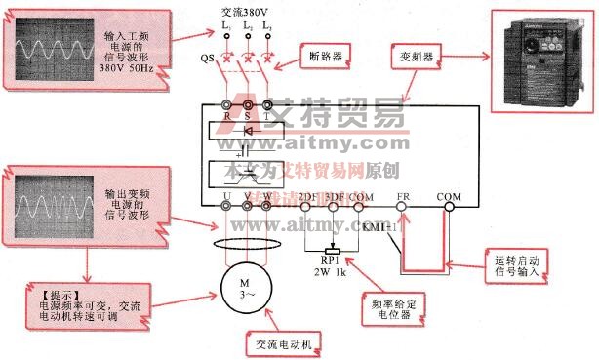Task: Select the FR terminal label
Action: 402,195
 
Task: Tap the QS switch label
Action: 208,59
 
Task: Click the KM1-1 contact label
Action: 379,225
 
